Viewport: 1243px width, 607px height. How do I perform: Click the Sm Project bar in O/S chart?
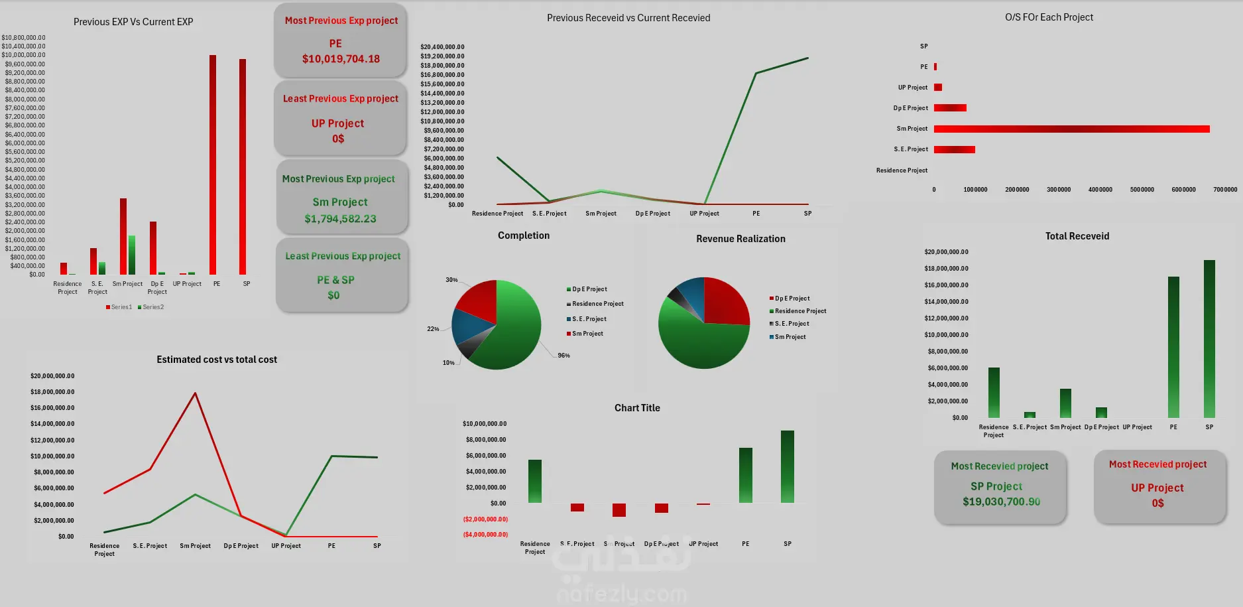pyautogui.click(x=1071, y=129)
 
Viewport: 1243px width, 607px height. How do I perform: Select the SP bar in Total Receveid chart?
pyautogui.click(x=1209, y=338)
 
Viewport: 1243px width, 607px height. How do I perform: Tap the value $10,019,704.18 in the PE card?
pyautogui.click(x=341, y=59)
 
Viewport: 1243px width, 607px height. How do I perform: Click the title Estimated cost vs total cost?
pyautogui.click(x=217, y=360)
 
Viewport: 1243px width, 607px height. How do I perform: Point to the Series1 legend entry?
pyautogui.click(x=119, y=307)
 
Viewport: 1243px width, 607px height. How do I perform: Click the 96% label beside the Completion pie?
pyautogui.click(x=563, y=356)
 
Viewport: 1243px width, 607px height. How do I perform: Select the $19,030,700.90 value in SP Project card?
pyautogui.click(x=1001, y=502)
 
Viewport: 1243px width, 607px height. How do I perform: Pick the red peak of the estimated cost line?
pyautogui.click(x=195, y=393)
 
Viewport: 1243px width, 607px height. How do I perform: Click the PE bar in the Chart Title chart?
pyautogui.click(x=746, y=475)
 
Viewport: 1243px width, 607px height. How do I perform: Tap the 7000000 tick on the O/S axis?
pyautogui.click(x=1225, y=190)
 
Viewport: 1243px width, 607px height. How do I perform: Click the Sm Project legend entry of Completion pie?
pyautogui.click(x=587, y=334)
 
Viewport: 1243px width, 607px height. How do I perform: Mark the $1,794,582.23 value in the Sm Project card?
pyautogui.click(x=340, y=219)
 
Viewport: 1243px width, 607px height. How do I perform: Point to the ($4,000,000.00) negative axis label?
pyautogui.click(x=485, y=535)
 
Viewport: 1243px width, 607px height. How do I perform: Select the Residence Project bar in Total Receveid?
pyautogui.click(x=994, y=392)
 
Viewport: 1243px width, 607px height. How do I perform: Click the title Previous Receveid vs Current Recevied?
pyautogui.click(x=628, y=18)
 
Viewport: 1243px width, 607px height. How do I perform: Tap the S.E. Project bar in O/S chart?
pyautogui.click(x=954, y=149)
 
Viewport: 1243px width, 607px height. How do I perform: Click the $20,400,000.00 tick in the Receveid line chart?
pyautogui.click(x=442, y=47)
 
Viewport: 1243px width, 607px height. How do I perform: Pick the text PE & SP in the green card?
pyautogui.click(x=335, y=280)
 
